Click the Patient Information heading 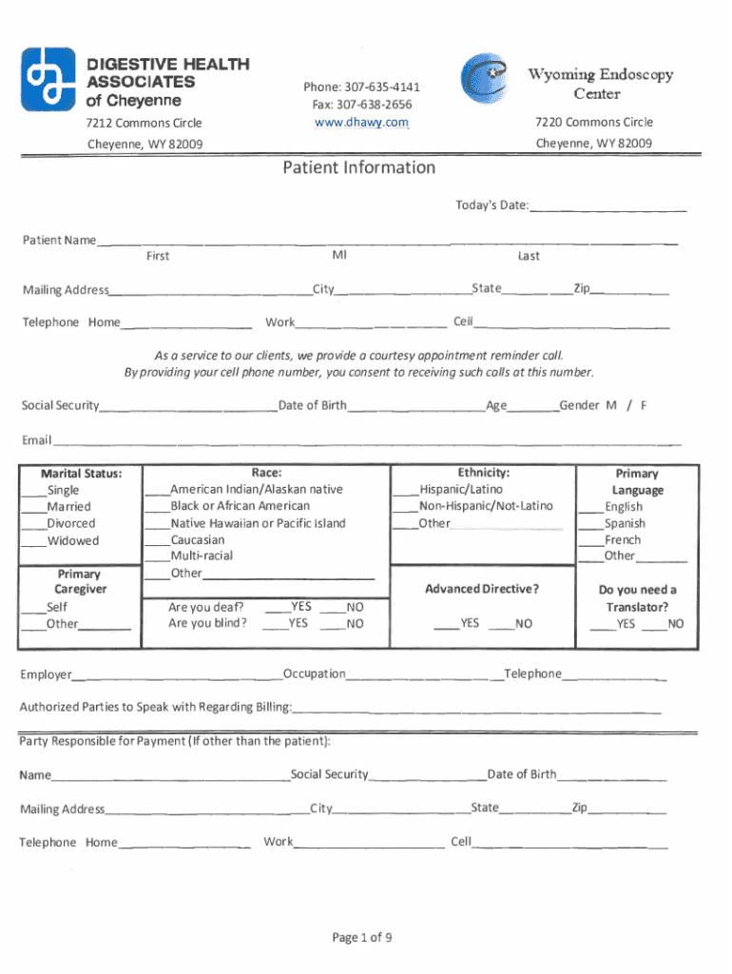(x=358, y=168)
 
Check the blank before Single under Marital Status (x=34, y=491)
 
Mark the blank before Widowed (x=34, y=542)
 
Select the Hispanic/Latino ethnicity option (x=406, y=490)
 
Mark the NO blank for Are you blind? (x=331, y=625)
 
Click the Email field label (x=37, y=440)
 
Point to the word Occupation (x=315, y=674)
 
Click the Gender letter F (x=644, y=406)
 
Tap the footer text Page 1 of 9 (x=362, y=938)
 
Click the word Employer (x=46, y=675)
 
